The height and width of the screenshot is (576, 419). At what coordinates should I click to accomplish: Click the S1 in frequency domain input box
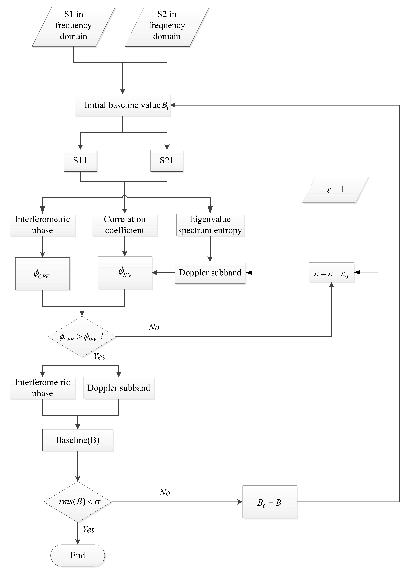tap(74, 27)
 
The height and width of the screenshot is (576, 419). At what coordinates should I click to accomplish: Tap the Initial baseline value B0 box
tap(122, 105)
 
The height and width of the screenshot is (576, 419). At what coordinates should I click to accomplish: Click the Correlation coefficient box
tap(125, 225)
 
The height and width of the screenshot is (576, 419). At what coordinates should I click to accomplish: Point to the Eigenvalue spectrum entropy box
tap(210, 225)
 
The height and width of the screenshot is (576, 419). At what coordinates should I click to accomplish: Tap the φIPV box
tap(125, 273)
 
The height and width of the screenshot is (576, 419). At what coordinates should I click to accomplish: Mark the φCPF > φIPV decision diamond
tap(82, 337)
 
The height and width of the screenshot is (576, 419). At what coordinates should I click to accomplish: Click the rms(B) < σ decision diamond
tap(78, 502)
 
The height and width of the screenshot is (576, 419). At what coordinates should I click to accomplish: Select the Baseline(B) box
tap(78, 440)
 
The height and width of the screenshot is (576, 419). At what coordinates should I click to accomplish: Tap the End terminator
tap(78, 555)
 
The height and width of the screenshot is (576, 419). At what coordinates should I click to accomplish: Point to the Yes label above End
tap(88, 529)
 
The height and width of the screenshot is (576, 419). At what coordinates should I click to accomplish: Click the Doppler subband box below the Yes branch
tap(119, 388)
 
